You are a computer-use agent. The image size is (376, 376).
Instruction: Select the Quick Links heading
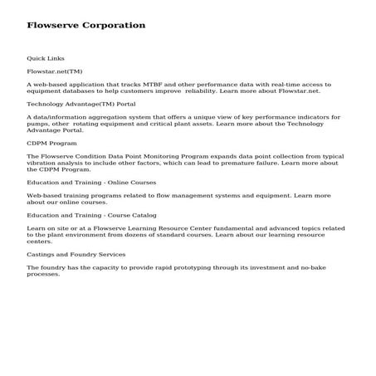click(45, 59)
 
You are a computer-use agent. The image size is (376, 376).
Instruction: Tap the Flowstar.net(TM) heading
click(55, 71)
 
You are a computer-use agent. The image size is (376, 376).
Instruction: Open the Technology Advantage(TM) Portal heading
click(81, 105)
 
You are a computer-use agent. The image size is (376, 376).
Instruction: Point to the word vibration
click(43, 163)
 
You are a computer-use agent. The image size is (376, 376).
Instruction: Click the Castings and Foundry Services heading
click(76, 254)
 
